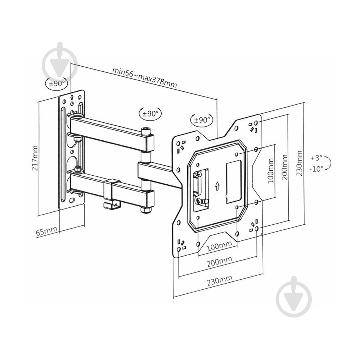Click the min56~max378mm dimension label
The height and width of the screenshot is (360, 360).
pyautogui.click(x=145, y=78)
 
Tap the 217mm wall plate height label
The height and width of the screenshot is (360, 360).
pyautogui.click(x=35, y=158)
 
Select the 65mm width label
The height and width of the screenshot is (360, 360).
pyautogui.click(x=46, y=231)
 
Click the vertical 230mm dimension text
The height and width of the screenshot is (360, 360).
pyautogui.click(x=299, y=163)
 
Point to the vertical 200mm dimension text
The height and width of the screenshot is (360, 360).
pyautogui.click(x=284, y=167)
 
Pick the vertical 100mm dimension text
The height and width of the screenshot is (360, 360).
pyautogui.click(x=271, y=170)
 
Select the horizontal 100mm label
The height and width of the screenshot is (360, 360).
pyautogui.click(x=219, y=246)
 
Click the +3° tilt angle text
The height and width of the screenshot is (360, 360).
pyautogui.click(x=316, y=158)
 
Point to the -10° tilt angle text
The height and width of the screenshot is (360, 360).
pyautogui.click(x=316, y=169)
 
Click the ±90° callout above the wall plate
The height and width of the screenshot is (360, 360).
pyautogui.click(x=57, y=84)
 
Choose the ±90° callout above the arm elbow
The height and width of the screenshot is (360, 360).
pyautogui.click(x=150, y=113)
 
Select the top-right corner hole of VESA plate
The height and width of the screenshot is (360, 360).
pyautogui.click(x=257, y=122)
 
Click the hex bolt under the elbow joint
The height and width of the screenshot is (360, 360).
pyautogui.click(x=145, y=210)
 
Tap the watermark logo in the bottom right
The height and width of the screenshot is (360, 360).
pyautogui.click(x=294, y=296)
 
